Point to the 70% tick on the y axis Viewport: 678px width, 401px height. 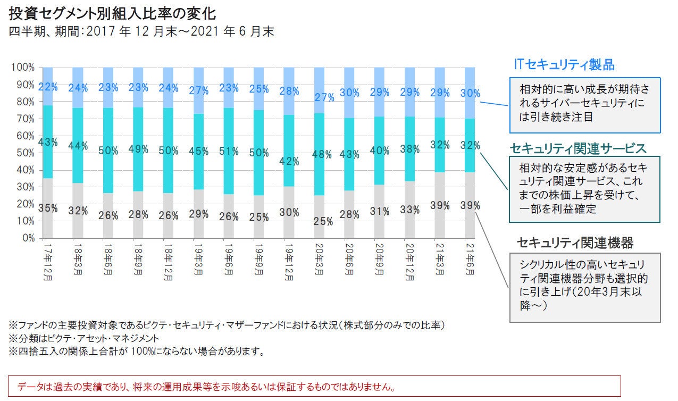[24, 119]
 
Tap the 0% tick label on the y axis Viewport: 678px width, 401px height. [28, 238]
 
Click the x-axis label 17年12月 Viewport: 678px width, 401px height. [48, 258]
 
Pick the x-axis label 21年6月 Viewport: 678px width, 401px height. [471, 258]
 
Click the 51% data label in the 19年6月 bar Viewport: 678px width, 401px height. [229, 151]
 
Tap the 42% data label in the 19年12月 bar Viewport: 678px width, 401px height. [289, 161]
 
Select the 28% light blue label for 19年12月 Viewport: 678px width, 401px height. [289, 91]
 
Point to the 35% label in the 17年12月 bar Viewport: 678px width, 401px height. [48, 208]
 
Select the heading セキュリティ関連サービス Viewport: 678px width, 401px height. [578, 147]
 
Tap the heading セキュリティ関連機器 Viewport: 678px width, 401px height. [575, 243]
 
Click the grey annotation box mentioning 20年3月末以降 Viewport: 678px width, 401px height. [585, 287]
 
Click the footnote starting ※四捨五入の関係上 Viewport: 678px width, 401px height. [136, 352]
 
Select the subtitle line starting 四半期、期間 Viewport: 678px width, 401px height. [141, 32]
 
